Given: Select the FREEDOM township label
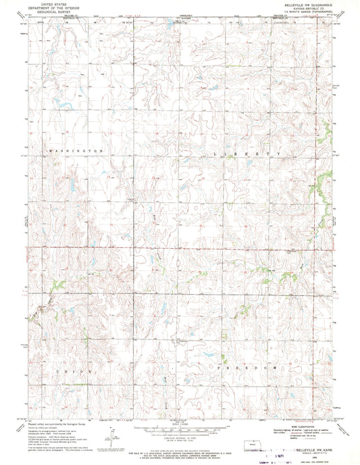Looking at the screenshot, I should click(x=249, y=366).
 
